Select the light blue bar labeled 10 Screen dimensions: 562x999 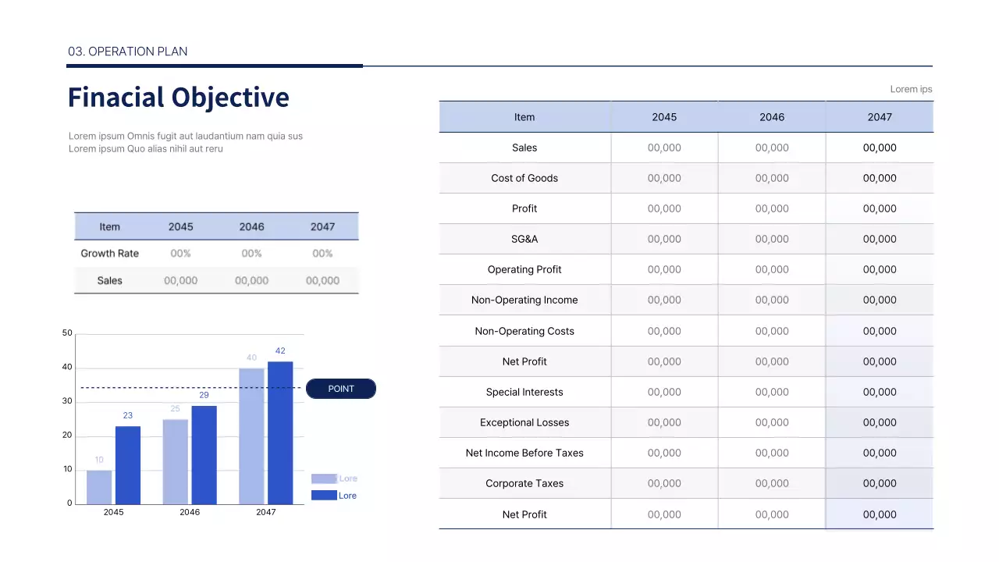point(99,486)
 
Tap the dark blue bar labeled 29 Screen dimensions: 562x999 point(204,454)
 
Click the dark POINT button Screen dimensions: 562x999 point(341,389)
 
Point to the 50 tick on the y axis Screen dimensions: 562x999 point(67,333)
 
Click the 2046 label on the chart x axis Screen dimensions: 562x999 point(190,512)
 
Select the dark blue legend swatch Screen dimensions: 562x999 point(324,496)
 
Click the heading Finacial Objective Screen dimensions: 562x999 point(178,98)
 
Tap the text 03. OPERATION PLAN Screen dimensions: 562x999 point(127,52)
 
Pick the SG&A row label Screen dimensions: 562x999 point(524,239)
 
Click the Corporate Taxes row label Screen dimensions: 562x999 point(524,483)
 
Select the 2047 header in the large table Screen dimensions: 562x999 point(880,117)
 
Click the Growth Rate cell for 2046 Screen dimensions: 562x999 point(251,254)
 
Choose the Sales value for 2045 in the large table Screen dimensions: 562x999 point(664,148)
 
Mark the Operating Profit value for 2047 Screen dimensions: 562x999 point(880,269)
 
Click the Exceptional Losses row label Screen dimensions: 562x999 point(524,422)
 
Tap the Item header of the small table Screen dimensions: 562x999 point(110,227)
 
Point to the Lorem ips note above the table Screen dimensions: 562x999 point(911,89)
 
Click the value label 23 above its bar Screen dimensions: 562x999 point(128,416)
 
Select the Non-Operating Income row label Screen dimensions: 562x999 point(524,300)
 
